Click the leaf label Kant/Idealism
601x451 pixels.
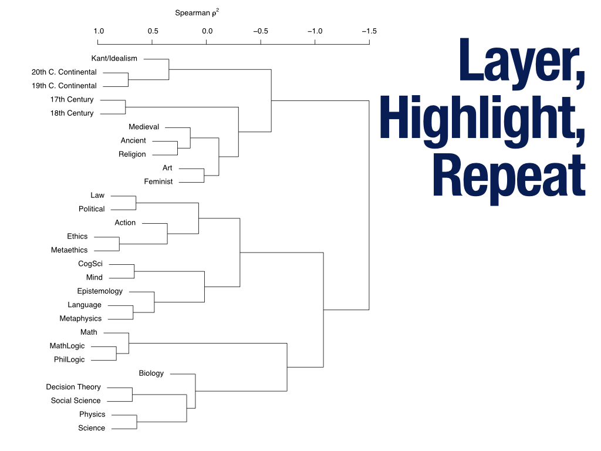[114, 58]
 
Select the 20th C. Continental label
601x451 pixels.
[64, 72]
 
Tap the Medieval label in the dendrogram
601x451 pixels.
[144, 127]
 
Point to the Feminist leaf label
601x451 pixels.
[158, 181]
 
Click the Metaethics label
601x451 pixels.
[69, 250]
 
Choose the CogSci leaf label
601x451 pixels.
[90, 264]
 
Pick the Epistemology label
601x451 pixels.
[100, 291]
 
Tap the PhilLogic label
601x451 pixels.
[69, 359]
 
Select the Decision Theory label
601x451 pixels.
[73, 387]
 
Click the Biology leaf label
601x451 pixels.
[151, 373]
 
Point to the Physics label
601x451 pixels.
[92, 415]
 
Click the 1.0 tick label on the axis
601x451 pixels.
[99, 31]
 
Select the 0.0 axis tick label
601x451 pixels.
[207, 31]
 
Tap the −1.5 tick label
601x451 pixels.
[368, 31]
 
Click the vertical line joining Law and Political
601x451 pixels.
[136, 203]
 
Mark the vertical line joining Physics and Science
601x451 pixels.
[137, 422]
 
